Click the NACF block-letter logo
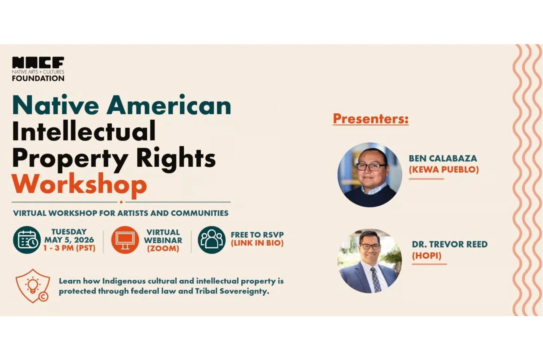point(38,62)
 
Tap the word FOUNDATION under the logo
point(38,78)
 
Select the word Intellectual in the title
point(84,132)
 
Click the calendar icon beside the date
point(27,240)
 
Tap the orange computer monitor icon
point(125,240)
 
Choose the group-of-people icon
point(211,240)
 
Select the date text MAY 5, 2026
point(69,240)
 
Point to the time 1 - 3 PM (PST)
point(69,248)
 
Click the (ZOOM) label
point(163,248)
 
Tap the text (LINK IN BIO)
point(257,243)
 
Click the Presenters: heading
point(371,119)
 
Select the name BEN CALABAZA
point(443,158)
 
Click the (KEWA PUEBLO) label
point(444,170)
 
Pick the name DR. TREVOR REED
point(450,244)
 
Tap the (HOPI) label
point(427,256)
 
